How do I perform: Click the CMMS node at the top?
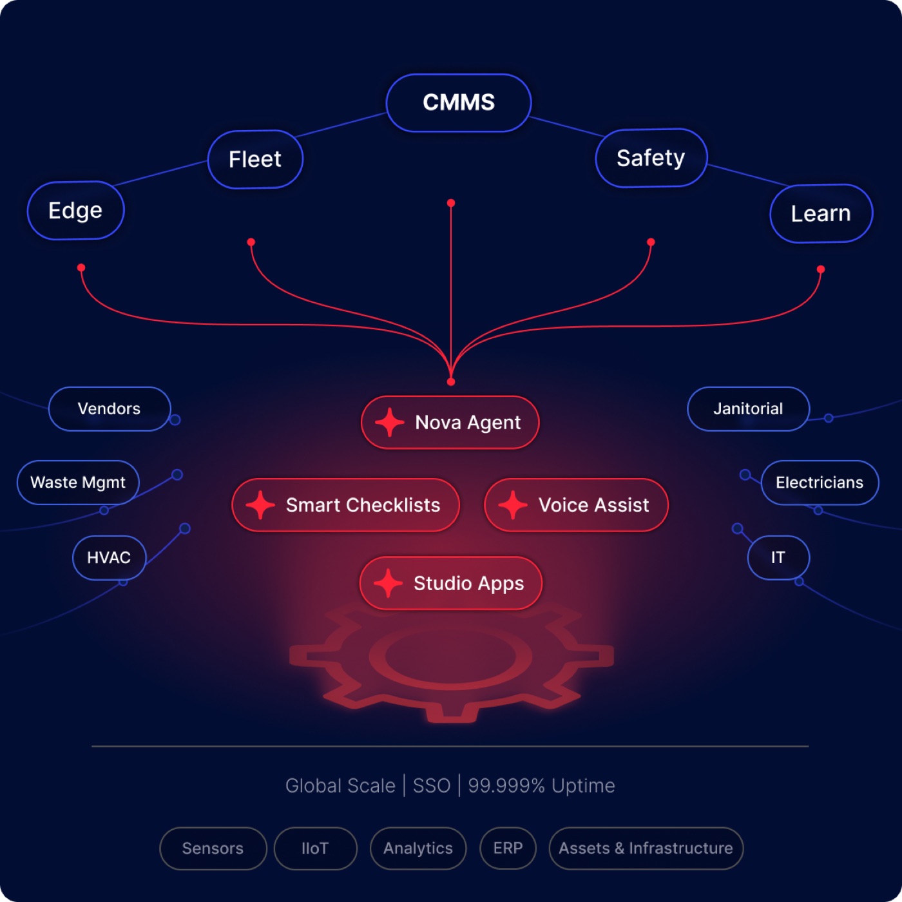458,102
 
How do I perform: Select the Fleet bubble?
255,159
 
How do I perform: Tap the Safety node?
651,158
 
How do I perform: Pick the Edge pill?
75,210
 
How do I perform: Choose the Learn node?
821,213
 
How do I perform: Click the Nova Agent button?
450,422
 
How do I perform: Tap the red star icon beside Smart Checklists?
260,505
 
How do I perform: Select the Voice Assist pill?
576,505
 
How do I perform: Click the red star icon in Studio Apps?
388,583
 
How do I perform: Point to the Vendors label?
109,408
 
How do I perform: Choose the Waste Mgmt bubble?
78,482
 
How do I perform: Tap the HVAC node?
109,557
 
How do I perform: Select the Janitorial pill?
748,408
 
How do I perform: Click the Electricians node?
820,483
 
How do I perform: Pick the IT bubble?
778,557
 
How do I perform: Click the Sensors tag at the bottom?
213,848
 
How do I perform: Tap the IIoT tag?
315,848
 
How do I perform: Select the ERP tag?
508,848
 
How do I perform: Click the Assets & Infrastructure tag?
646,848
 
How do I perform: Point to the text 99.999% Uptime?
542,786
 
